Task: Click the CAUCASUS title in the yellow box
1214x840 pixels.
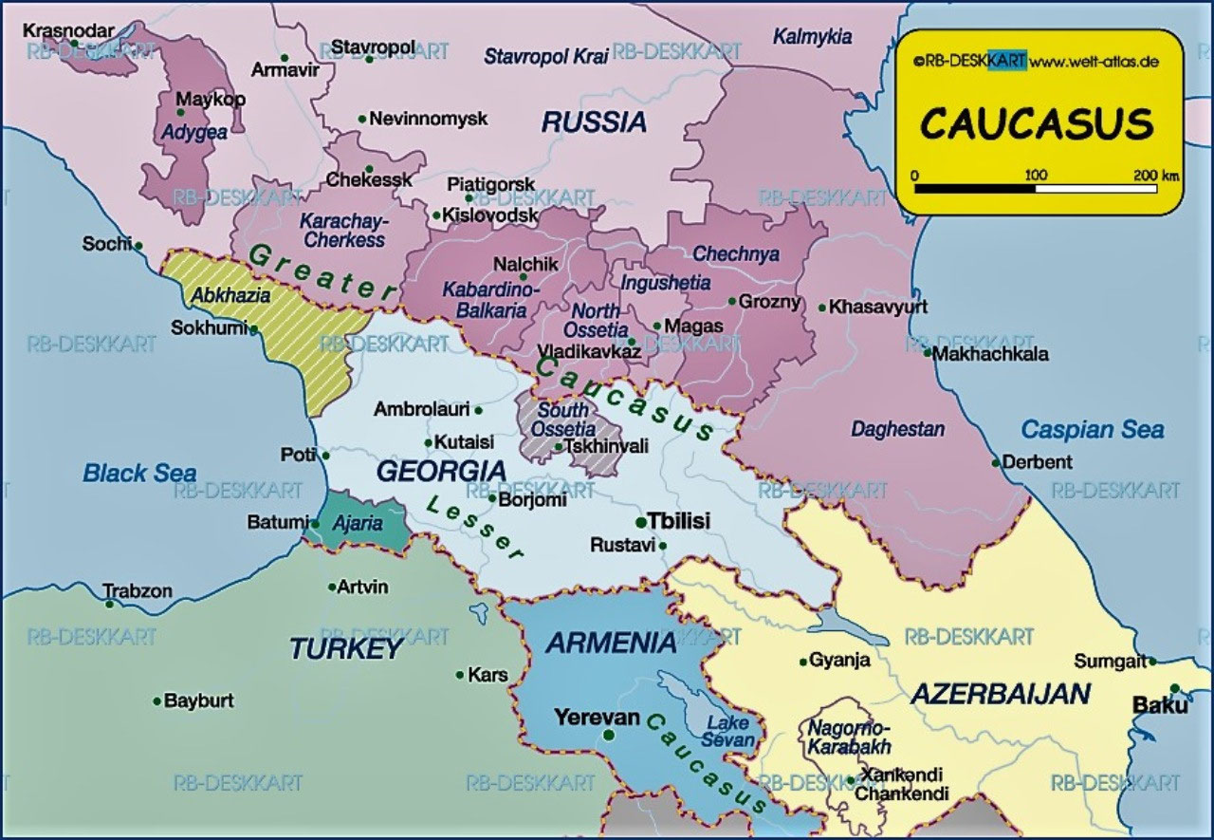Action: pos(1038,124)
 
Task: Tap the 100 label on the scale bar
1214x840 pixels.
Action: pos(1036,176)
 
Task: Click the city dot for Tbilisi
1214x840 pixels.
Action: pos(641,521)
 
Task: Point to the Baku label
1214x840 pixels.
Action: pos(1159,705)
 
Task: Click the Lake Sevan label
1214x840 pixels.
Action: pos(730,731)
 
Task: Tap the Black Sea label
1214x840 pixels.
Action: pos(139,473)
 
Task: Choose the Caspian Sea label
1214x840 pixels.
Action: pos(1092,429)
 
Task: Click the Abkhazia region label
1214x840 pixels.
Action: pos(230,295)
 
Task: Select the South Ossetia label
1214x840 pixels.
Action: pos(563,420)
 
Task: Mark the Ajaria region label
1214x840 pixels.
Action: pos(359,523)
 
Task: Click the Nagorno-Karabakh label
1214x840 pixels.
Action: pos(837,737)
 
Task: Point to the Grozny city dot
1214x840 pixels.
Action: pos(731,302)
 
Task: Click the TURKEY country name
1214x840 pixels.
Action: pos(346,649)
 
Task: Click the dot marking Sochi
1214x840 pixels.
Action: pos(138,246)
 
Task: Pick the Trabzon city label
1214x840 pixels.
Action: pos(138,591)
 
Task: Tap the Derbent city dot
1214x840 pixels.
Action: pos(996,463)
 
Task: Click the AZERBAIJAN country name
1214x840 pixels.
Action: pos(1000,693)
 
